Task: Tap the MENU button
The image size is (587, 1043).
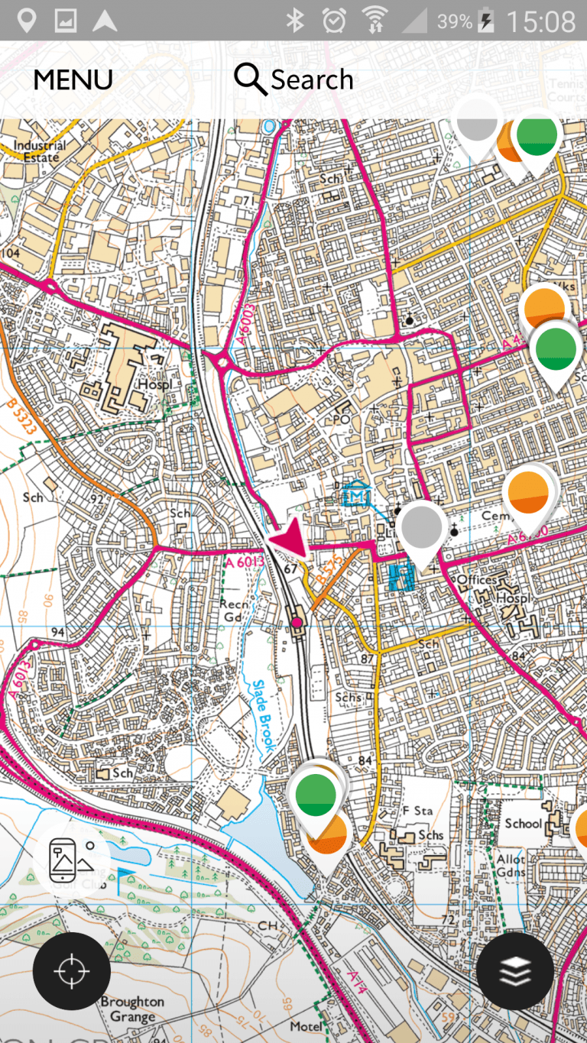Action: (73, 80)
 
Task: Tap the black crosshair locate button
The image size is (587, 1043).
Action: (72, 971)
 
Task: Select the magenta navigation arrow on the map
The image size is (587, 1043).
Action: (289, 541)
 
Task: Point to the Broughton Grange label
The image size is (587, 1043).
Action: (132, 1009)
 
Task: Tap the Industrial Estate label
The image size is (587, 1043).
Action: (40, 151)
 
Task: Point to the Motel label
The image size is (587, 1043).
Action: (306, 1026)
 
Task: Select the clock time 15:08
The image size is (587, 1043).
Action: (540, 21)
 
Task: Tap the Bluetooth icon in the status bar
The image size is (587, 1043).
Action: (295, 21)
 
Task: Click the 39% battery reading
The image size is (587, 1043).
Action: (454, 21)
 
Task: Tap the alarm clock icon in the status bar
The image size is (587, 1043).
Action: (334, 21)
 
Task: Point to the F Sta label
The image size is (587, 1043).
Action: (417, 811)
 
